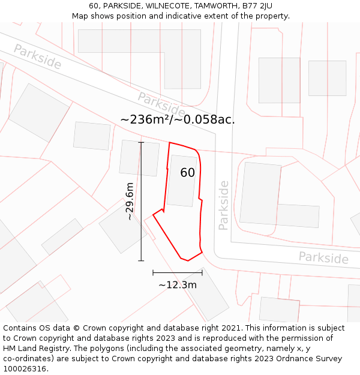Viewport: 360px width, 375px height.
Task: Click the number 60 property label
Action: pyautogui.click(x=187, y=173)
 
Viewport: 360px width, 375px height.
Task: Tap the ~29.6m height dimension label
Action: pyautogui.click(x=130, y=202)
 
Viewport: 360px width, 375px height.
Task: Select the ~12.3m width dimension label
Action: pyautogui.click(x=177, y=285)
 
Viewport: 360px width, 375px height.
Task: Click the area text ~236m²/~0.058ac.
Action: pyautogui.click(x=178, y=119)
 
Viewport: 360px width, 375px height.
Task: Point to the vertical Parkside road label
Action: pyautogui.click(x=224, y=205)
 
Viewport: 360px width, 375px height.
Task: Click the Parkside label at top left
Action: pyautogui.click(x=37, y=56)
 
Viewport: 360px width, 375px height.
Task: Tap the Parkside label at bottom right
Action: pyautogui.click(x=323, y=257)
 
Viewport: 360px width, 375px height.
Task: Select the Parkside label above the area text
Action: pyautogui.click(x=161, y=104)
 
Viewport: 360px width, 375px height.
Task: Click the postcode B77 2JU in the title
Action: pyautogui.click(x=256, y=6)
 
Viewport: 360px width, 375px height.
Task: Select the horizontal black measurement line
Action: pyautogui.click(x=178, y=272)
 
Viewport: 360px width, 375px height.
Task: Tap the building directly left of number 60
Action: pyautogui.click(x=139, y=158)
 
